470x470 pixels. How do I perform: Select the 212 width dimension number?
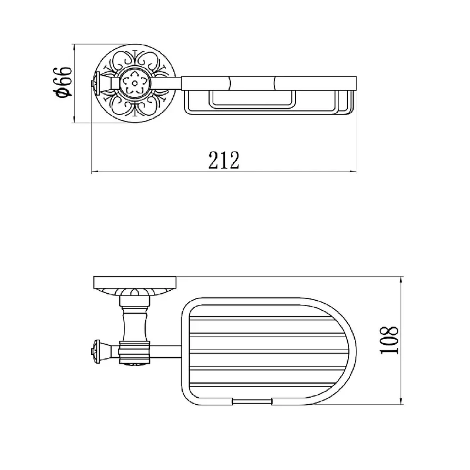224,160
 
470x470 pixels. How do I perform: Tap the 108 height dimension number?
389,340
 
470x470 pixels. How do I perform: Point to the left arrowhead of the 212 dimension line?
95,172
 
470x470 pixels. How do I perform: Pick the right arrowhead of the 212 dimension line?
352,172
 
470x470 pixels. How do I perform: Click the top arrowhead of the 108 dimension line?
401,281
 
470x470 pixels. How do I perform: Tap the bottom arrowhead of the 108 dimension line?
401,401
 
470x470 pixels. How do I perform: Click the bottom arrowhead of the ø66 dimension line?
74,119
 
